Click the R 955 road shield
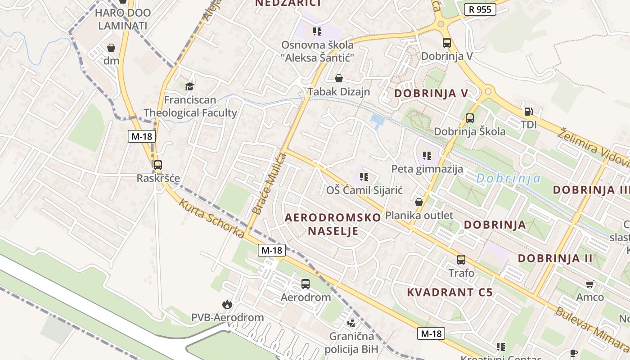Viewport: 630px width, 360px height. click(480, 9)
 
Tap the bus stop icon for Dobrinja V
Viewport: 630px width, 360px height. click(447, 43)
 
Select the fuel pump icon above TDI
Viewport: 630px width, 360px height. click(528, 111)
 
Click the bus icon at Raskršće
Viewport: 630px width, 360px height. click(157, 165)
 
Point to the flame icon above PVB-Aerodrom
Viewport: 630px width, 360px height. click(227, 304)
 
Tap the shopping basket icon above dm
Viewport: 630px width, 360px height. click(111, 47)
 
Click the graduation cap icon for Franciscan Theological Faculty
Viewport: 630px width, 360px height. click(189, 86)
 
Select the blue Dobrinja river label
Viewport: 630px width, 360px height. click(508, 178)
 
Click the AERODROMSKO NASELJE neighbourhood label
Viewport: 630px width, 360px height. click(333, 224)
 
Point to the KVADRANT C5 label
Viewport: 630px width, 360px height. click(450, 292)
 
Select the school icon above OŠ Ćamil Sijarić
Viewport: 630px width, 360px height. click(364, 177)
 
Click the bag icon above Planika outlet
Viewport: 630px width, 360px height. click(419, 202)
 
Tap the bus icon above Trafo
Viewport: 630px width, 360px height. click(461, 259)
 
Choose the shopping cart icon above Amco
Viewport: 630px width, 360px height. click(590, 284)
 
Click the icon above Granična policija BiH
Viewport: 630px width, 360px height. click(351, 323)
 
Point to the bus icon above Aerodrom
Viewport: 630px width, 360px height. click(306, 283)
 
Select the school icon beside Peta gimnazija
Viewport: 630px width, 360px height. click(427, 156)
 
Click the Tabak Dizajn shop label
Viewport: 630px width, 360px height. click(338, 92)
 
